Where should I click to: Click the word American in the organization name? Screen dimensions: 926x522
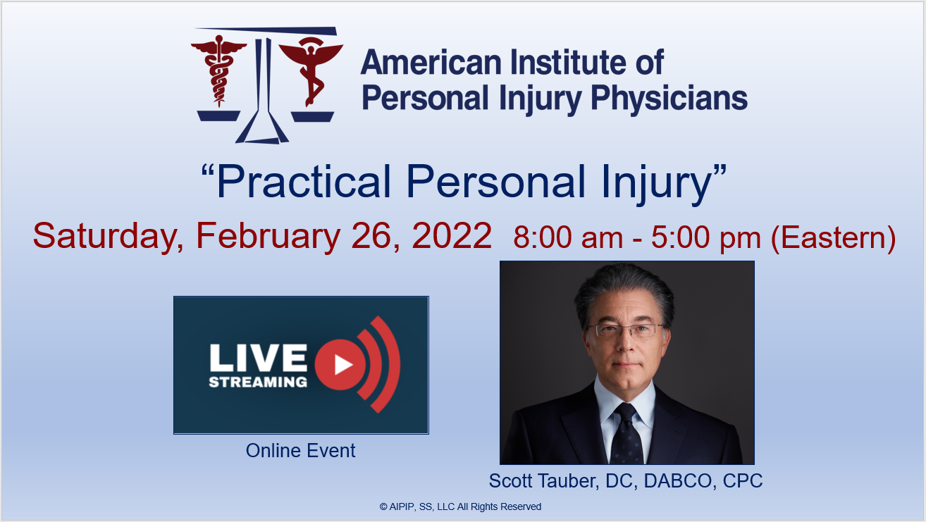[x=431, y=63]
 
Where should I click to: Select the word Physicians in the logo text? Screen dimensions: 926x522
[x=669, y=99]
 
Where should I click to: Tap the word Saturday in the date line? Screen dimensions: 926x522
[x=108, y=237]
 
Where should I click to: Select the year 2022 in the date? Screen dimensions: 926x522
[x=452, y=235]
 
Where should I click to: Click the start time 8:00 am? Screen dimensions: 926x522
[x=568, y=237]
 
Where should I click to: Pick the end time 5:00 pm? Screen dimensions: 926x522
[x=706, y=238]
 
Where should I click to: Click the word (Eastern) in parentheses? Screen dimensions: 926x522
[x=834, y=237]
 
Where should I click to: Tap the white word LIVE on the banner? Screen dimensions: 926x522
[x=259, y=358]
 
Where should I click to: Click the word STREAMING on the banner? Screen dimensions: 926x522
[x=259, y=382]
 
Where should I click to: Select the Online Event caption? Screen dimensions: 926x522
[x=300, y=451]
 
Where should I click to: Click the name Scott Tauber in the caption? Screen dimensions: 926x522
[x=543, y=481]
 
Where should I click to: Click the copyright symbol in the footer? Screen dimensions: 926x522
[x=383, y=507]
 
